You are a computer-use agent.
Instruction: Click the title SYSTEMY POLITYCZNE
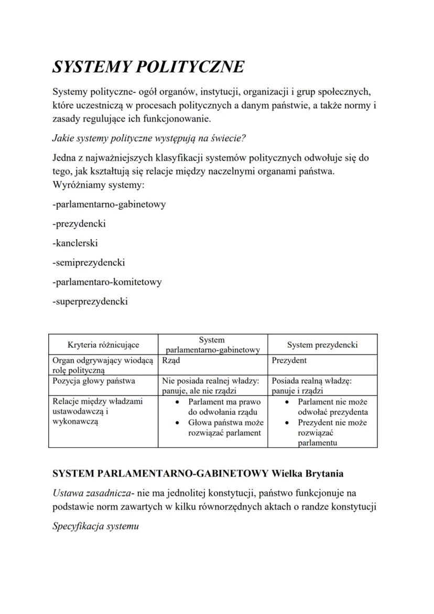[x=148, y=67]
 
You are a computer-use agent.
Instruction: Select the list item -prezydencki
[x=79, y=223]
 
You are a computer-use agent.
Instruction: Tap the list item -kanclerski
[x=75, y=243]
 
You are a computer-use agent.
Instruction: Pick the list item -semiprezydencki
[x=89, y=262]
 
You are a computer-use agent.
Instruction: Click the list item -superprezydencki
[x=90, y=301]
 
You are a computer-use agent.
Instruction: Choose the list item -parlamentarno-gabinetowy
[x=109, y=204]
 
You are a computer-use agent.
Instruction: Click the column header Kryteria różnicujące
[x=103, y=344]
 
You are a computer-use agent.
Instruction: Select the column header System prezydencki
[x=322, y=344]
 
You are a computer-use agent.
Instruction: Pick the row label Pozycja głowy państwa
[x=94, y=381]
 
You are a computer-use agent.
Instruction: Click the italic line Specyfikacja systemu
[x=95, y=526]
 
